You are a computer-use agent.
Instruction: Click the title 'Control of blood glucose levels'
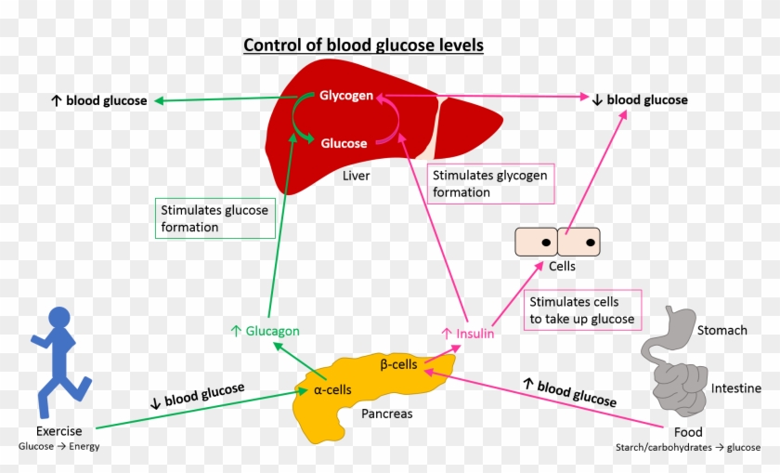pos(363,46)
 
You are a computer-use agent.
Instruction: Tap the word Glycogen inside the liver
pos(346,95)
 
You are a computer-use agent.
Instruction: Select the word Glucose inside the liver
pos(344,143)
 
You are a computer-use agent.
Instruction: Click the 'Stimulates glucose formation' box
pos(215,218)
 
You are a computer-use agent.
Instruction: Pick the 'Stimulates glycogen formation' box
pos(491,184)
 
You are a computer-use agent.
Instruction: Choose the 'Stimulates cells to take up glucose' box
pos(582,310)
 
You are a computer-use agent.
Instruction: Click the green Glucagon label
pos(266,331)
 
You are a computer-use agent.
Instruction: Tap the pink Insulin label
pos(468,334)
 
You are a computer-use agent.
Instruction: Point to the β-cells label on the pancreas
pos(398,364)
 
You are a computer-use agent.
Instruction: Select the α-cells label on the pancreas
pos(332,390)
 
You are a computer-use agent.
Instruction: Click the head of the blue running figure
pos(59,318)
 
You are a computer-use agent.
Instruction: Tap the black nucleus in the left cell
pos(546,243)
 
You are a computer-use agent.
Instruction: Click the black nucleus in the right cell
pos(591,243)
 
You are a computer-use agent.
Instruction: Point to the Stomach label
pos(721,331)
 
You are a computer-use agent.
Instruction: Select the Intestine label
pos(735,388)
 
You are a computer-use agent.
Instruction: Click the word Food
pos(688,432)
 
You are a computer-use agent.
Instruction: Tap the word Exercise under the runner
pos(59,431)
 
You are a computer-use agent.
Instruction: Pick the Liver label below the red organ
pos(357,176)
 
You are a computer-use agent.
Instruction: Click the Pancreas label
pos(387,414)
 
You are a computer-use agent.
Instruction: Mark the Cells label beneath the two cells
pos(562,267)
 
